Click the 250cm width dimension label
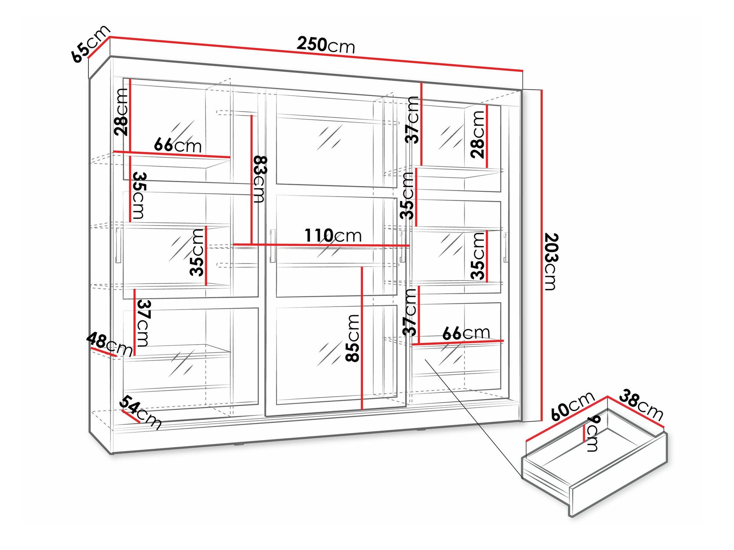click(326, 45)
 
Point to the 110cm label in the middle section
click(333, 235)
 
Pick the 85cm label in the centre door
click(353, 338)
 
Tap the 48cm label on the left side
click(109, 344)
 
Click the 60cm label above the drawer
click(573, 406)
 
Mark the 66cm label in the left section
click(178, 145)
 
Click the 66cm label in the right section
click(466, 333)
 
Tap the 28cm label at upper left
click(121, 112)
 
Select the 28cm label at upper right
click(478, 134)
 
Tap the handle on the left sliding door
click(118, 245)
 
